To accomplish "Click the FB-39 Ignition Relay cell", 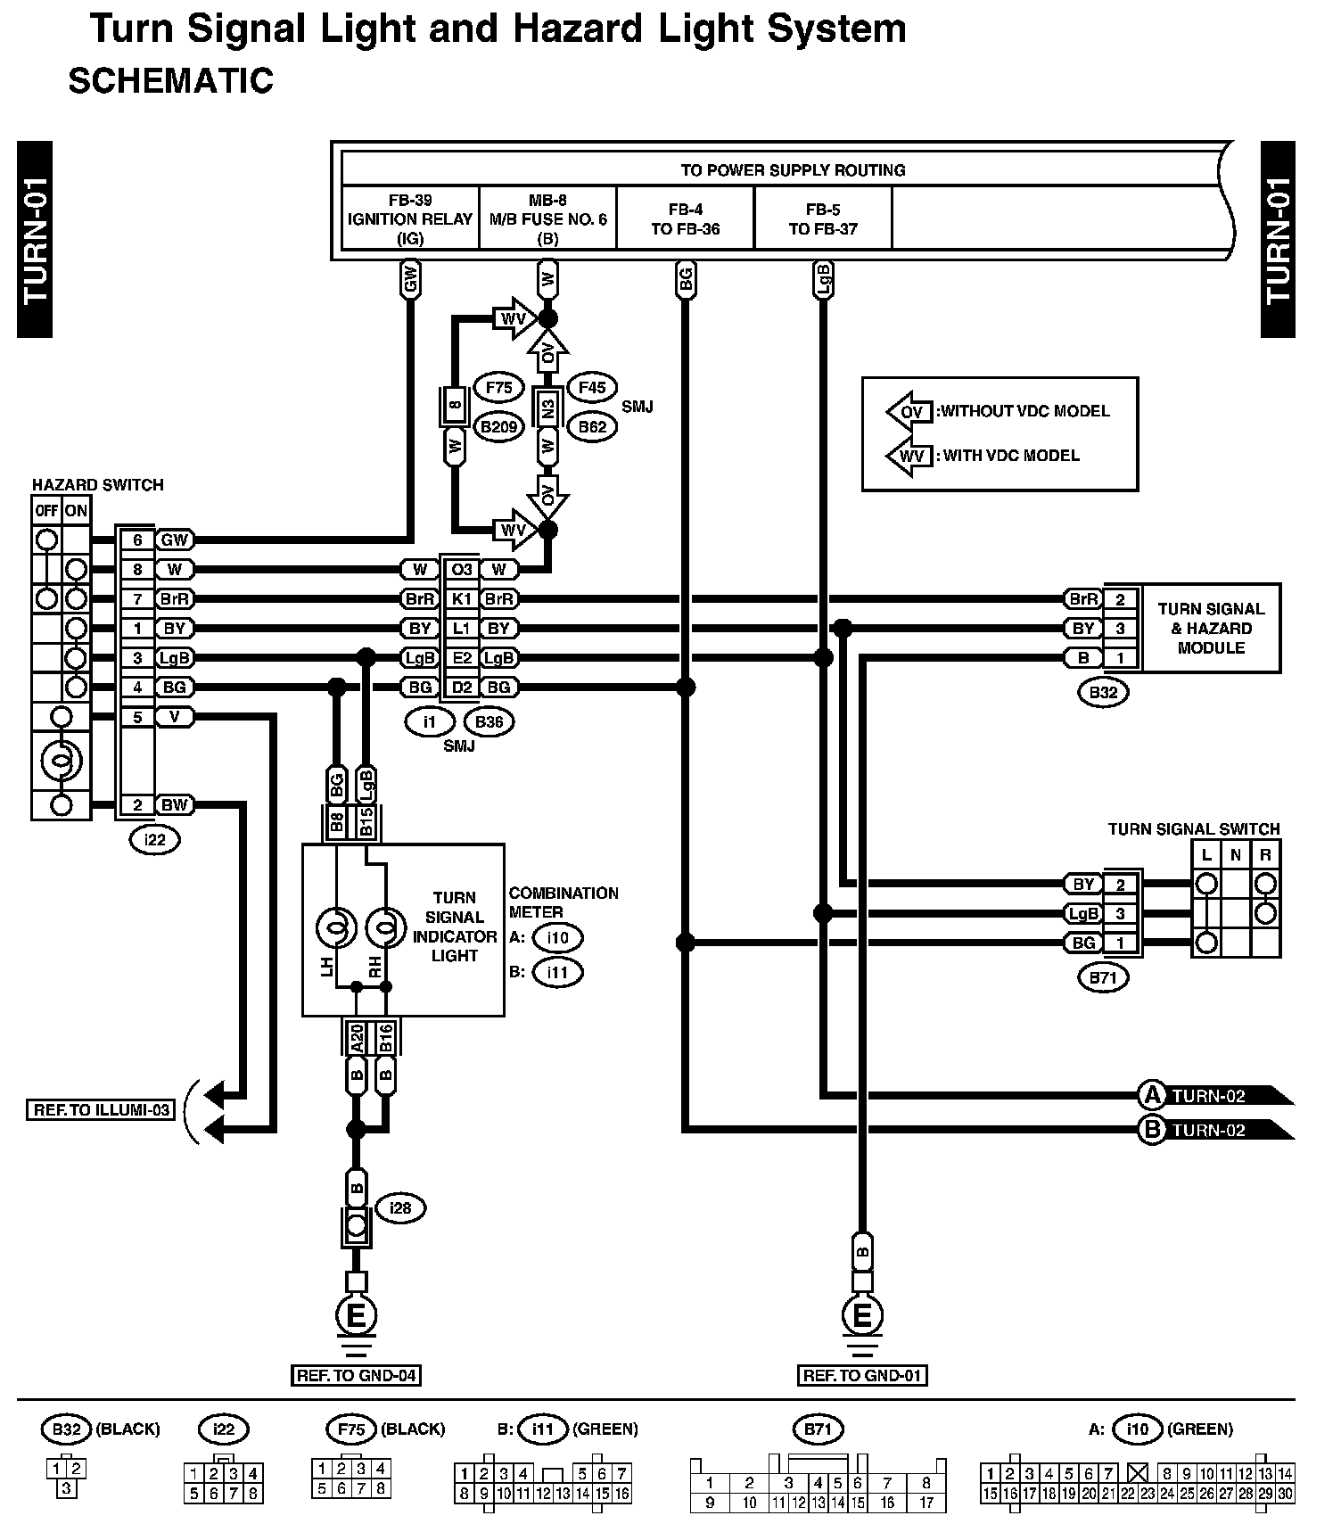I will [x=410, y=218].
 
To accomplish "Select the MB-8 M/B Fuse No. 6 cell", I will [x=547, y=218].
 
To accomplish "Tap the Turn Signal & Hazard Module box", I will [x=1210, y=628].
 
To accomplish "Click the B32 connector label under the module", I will [x=1103, y=692].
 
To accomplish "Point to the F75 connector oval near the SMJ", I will [x=498, y=388].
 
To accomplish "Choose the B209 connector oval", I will [x=498, y=427].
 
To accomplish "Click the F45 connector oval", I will [x=592, y=388].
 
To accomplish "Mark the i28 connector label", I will [x=400, y=1208].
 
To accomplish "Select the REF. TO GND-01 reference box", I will [x=861, y=1375].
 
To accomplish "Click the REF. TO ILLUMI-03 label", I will [x=99, y=1110].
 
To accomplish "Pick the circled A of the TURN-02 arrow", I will [x=1152, y=1095].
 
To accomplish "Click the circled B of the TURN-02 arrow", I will [x=1152, y=1130].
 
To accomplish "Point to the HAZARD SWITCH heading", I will [x=98, y=485].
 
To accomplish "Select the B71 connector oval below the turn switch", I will [x=1103, y=977].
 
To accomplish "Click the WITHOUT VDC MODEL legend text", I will [x=1024, y=411].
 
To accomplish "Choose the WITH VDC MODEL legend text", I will [x=1011, y=456].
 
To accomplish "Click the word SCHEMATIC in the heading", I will [x=170, y=81].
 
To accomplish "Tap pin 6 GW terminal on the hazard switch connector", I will [x=137, y=539].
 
